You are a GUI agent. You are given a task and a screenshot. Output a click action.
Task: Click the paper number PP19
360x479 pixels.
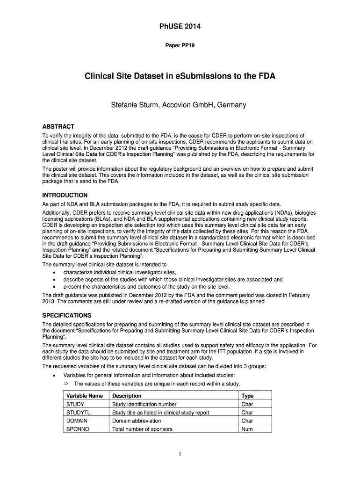180,46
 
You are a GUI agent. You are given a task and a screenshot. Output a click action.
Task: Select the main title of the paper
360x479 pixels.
180,76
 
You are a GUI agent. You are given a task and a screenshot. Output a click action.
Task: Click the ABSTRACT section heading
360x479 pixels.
58,127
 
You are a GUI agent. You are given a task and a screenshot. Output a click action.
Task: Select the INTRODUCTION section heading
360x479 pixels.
65,195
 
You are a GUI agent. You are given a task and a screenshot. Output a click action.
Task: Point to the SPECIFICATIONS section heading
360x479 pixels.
67,315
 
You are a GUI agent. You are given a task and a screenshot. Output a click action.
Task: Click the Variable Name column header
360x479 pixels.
85,396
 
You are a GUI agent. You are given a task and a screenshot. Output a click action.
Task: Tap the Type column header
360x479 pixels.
247,396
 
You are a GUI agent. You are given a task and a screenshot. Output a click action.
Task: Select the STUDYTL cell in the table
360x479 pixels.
78,413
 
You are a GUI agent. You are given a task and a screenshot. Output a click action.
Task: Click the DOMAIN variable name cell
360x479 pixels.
77,421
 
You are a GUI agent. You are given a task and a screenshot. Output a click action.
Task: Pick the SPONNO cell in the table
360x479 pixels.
78,429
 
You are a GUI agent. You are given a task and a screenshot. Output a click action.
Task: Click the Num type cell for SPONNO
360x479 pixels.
247,429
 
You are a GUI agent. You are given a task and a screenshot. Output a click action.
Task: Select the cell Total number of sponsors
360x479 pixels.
142,429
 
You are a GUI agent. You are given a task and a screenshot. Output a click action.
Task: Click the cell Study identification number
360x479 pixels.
144,404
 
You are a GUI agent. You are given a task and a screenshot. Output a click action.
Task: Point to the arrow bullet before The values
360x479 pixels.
66,384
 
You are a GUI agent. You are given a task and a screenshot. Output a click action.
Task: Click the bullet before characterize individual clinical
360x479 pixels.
56,273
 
